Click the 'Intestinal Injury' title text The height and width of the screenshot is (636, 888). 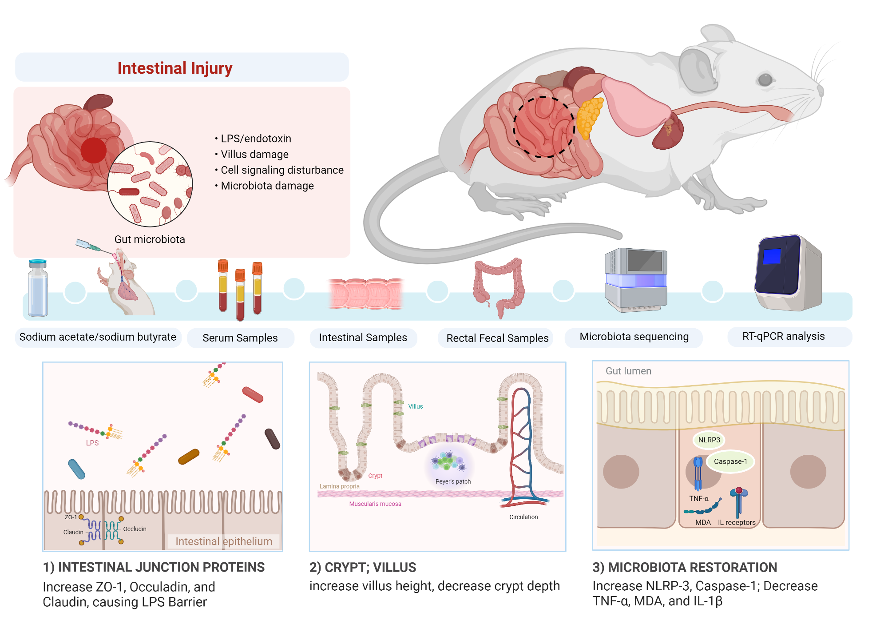(x=174, y=68)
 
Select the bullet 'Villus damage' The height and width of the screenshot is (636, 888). (x=254, y=154)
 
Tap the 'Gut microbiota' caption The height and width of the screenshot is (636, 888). (x=150, y=239)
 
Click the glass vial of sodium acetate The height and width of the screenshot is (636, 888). (x=38, y=289)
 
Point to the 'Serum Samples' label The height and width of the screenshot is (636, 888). (x=240, y=338)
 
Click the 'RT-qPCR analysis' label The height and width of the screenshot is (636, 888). (x=783, y=336)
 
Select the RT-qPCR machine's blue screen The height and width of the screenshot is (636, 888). (x=772, y=256)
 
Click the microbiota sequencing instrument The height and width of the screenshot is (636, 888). (x=636, y=280)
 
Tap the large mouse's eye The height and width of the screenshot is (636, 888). (x=765, y=80)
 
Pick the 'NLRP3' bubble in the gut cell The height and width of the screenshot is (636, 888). (x=709, y=440)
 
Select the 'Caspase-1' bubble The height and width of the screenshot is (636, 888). (x=730, y=461)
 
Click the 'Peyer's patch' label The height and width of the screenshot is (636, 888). (x=453, y=481)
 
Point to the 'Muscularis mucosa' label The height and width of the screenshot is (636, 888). (x=375, y=504)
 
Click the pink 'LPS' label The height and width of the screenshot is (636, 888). (x=92, y=443)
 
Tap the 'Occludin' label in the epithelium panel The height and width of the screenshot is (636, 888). (x=135, y=529)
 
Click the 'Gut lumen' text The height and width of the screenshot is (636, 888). (x=628, y=371)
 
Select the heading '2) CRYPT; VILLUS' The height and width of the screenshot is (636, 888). (x=363, y=567)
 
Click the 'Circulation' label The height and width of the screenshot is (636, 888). (x=523, y=517)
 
